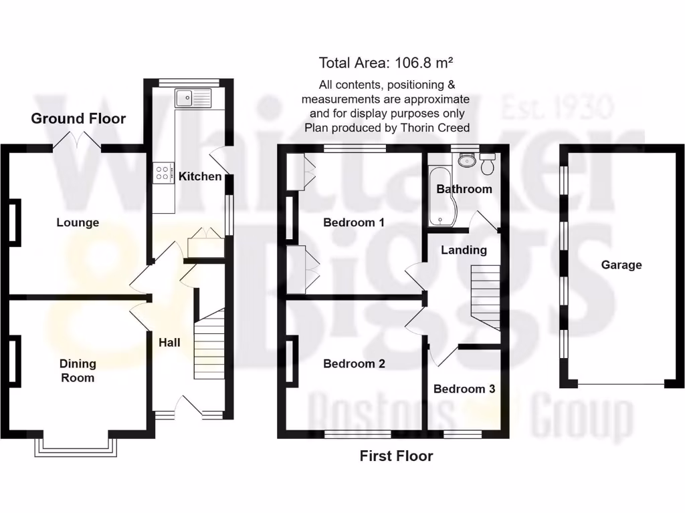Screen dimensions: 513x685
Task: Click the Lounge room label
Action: [78, 222]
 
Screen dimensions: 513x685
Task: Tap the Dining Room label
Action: [78, 371]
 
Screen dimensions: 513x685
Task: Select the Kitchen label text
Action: [199, 176]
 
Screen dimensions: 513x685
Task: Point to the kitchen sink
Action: [193, 99]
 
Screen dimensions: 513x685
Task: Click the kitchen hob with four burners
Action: [163, 173]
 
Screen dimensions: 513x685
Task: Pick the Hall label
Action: [169, 343]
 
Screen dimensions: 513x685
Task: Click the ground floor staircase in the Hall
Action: [209, 347]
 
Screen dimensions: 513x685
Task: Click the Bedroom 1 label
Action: [353, 222]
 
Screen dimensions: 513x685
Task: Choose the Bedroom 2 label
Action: [354, 364]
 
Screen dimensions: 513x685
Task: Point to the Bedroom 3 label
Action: [464, 389]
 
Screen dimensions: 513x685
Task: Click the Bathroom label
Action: [464, 189]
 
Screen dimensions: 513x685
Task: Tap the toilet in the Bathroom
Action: [488, 162]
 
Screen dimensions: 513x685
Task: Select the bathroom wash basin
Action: [466, 160]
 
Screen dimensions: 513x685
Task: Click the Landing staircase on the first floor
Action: [485, 297]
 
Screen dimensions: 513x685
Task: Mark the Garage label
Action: [621, 265]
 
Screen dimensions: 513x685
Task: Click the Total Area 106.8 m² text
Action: [386, 63]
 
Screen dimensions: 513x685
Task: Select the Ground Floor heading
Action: [78, 119]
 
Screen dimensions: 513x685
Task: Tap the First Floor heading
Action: [396, 456]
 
